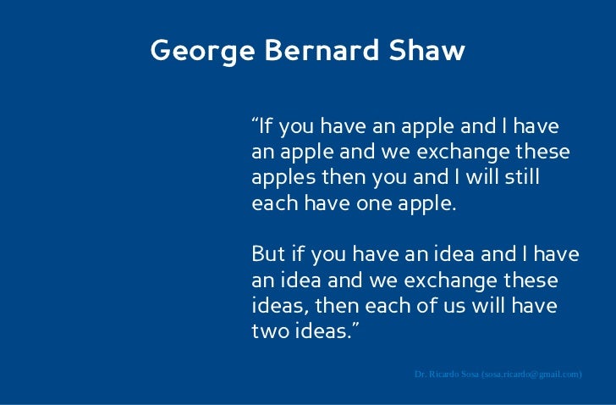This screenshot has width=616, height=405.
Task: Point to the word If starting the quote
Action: click(267, 127)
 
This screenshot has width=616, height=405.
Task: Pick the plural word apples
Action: click(281, 180)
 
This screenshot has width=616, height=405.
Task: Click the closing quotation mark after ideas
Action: click(355, 326)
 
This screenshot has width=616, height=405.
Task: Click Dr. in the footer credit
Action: click(421, 374)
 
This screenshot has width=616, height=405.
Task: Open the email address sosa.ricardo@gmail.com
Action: click(531, 374)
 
